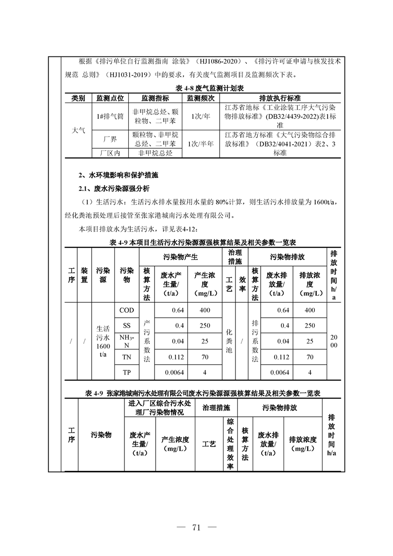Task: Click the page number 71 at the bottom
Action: tap(196, 527)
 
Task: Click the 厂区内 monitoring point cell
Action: tap(110, 154)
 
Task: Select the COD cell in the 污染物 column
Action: tap(127, 310)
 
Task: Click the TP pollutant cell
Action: tap(127, 372)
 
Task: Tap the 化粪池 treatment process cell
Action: tap(228, 341)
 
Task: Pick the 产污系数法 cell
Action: tap(147, 341)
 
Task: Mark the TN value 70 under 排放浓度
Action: tap(310, 357)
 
